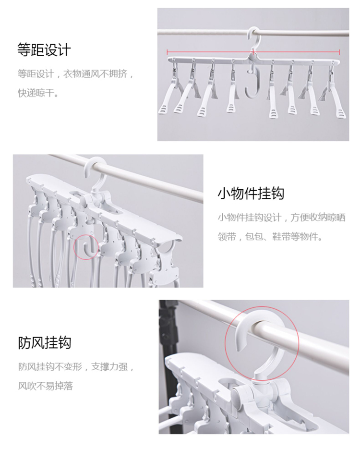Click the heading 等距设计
44,49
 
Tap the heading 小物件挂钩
251,194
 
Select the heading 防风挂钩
44,342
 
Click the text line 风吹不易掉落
45,386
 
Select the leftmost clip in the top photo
170,88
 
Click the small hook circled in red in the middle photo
88,245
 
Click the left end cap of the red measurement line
167,52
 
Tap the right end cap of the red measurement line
339,52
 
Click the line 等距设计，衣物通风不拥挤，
76,73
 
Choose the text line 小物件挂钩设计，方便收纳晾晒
282,218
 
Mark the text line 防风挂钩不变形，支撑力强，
76,366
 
